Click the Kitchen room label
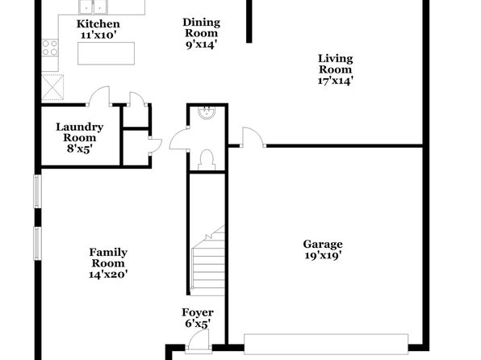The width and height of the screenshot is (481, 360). [x=98, y=24]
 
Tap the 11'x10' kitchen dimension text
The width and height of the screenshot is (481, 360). [x=98, y=35]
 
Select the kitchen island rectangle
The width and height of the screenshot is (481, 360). [x=106, y=53]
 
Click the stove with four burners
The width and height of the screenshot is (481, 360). [x=50, y=48]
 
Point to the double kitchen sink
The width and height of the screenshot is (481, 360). [x=94, y=6]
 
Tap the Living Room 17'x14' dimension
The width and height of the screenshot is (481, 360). [x=335, y=81]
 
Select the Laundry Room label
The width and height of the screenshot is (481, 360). [x=79, y=132]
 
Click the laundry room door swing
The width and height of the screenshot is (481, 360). [x=99, y=96]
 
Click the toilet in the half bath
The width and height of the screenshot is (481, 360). [x=207, y=160]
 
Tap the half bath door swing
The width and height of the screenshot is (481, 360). [x=179, y=139]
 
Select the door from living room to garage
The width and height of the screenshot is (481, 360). [x=253, y=137]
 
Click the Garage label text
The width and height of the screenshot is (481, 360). [x=323, y=245]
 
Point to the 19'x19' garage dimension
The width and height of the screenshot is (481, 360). [x=323, y=255]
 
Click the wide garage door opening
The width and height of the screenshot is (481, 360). [x=326, y=344]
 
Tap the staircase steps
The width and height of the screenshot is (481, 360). [x=208, y=264]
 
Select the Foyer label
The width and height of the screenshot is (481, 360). [x=198, y=312]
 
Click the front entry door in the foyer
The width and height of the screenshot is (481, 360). [x=199, y=340]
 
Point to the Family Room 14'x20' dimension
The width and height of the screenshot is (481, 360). [x=108, y=274]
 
